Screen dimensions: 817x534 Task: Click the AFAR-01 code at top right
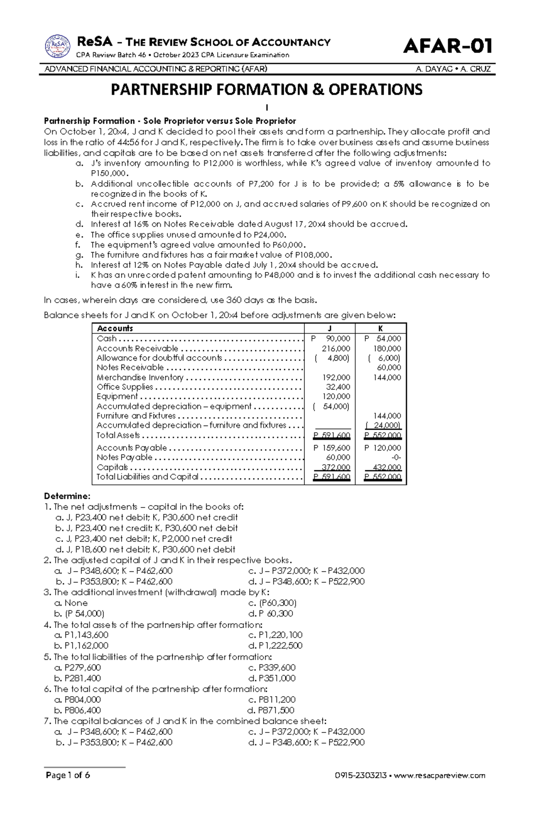point(447,46)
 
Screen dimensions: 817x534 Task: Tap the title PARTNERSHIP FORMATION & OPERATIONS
point(267,90)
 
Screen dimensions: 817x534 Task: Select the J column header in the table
point(329,329)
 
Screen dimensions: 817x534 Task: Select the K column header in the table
point(381,329)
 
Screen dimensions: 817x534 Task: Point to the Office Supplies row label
point(125,387)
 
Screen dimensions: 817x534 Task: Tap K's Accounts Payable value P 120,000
point(383,448)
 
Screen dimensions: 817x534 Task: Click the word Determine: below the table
point(67,496)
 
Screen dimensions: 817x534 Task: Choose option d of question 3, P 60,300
point(271,614)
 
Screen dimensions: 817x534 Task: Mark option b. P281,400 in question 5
point(77,678)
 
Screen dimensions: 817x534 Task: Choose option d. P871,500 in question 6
point(271,710)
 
